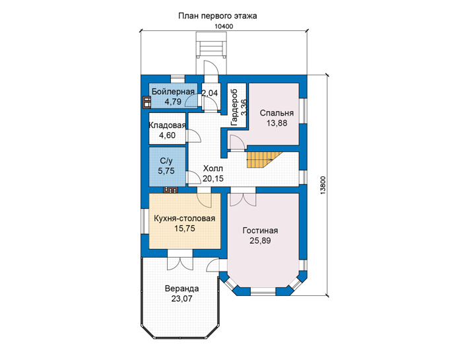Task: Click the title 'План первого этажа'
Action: (217, 16)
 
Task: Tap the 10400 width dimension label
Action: (224, 26)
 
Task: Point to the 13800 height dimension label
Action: (322, 185)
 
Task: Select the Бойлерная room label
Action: (173, 92)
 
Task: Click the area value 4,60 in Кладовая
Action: (167, 135)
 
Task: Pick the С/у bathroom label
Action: (166, 161)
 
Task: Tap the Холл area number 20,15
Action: (213, 178)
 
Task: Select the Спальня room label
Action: (277, 113)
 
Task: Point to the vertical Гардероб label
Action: (234, 107)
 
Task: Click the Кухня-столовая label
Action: (184, 219)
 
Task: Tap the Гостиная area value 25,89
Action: (260, 240)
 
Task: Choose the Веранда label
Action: (181, 289)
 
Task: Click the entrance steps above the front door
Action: (211, 46)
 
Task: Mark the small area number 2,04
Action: (209, 93)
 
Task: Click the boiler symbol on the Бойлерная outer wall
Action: (147, 102)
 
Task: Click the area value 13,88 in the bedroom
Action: (277, 123)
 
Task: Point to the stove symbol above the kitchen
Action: (170, 190)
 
